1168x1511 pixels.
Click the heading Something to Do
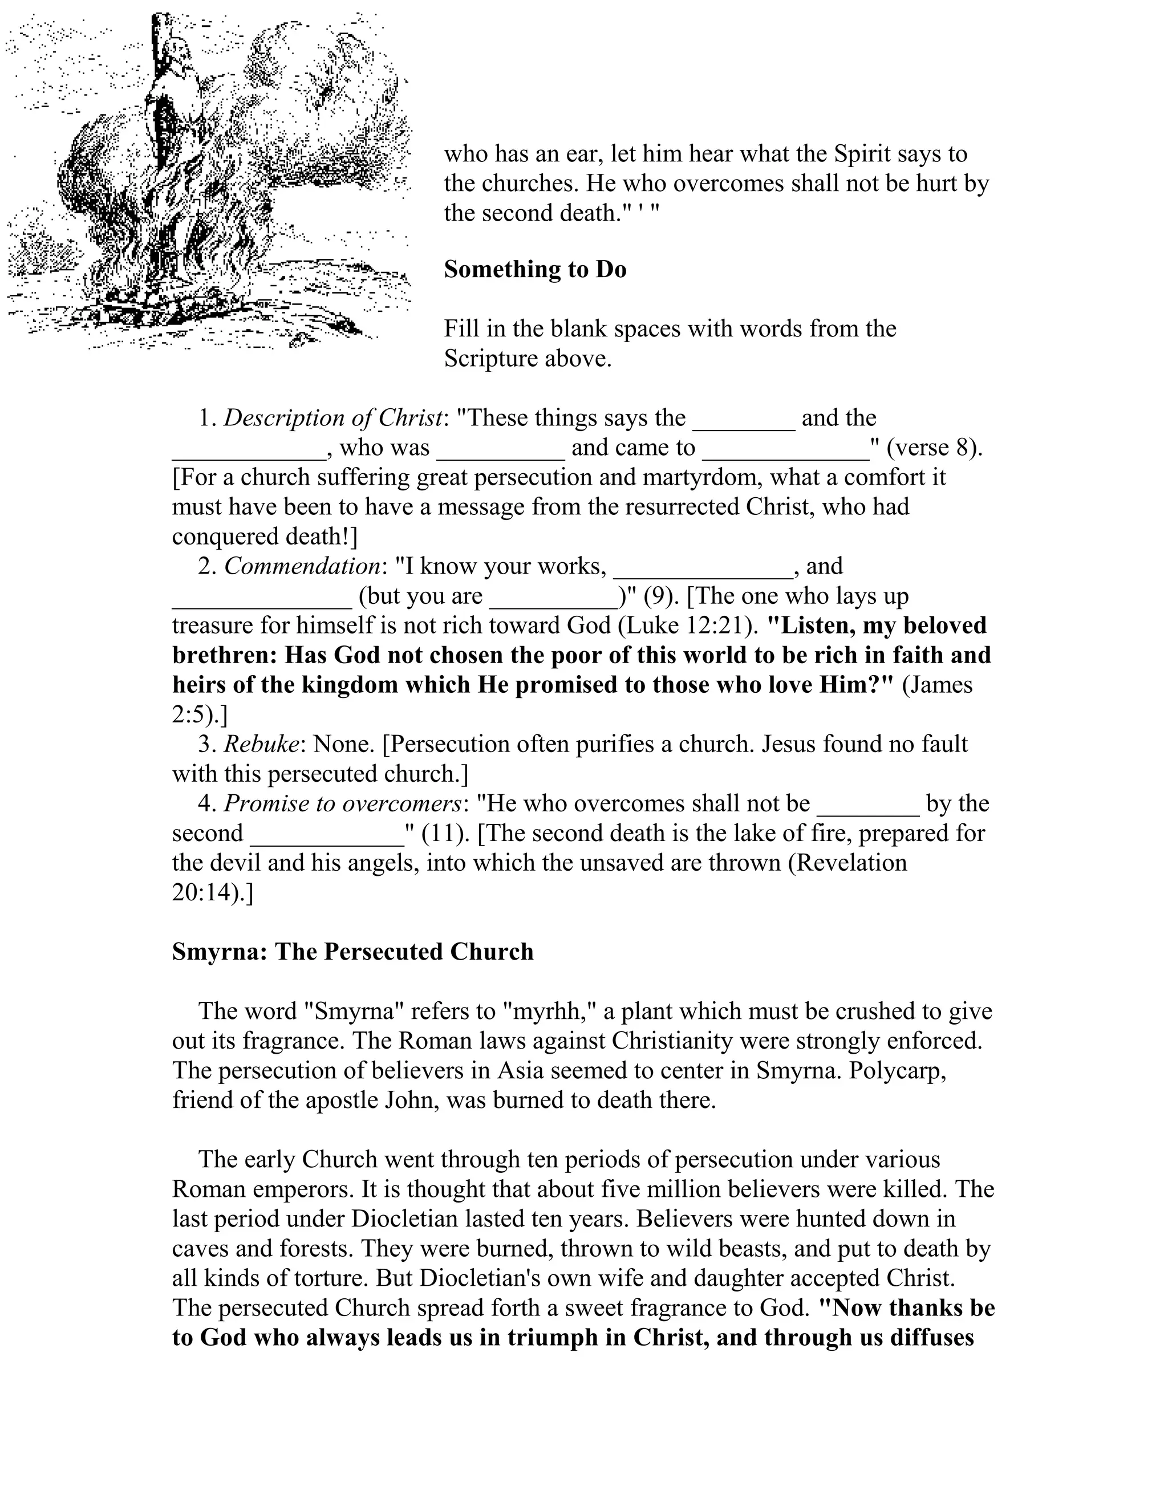coord(535,269)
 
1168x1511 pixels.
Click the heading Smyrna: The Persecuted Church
coord(352,952)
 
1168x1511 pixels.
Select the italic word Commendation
coord(302,567)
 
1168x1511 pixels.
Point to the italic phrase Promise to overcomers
coord(343,803)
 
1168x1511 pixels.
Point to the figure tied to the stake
coord(169,104)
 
